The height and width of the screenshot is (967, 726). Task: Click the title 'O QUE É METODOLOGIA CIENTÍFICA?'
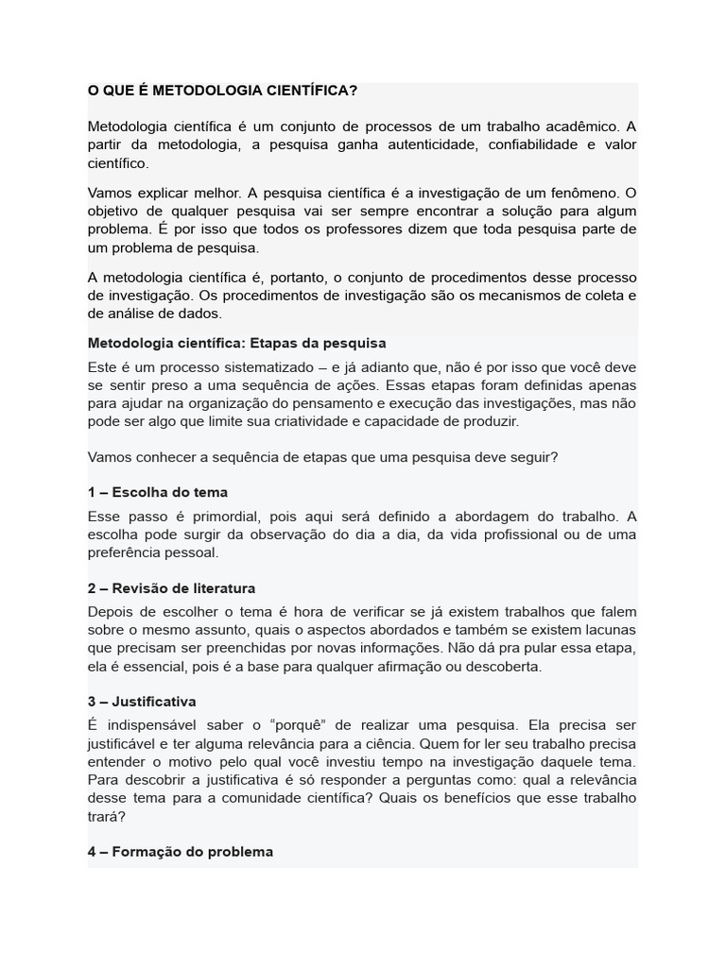point(222,91)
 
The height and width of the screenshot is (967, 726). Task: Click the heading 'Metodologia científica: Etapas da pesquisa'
point(236,343)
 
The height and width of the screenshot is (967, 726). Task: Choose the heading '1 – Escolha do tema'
point(157,492)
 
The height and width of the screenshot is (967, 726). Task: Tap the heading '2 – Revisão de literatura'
point(171,588)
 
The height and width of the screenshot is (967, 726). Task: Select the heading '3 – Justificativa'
point(142,702)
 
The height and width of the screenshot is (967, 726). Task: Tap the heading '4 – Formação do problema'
point(180,851)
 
